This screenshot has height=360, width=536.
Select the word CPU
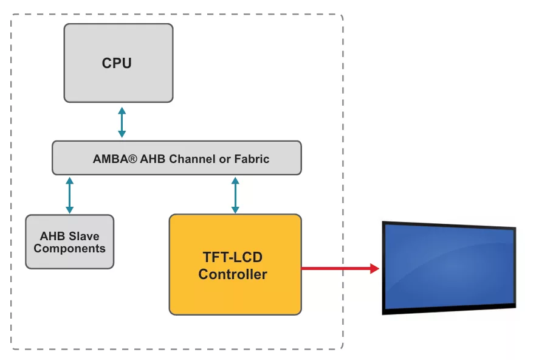[x=117, y=63]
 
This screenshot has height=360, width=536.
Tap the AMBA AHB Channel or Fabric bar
[x=176, y=158]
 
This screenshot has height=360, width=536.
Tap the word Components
[x=69, y=248]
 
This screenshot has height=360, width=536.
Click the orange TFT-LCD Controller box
[x=235, y=292]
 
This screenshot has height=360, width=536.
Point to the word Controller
[x=233, y=274]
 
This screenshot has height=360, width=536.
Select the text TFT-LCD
[x=233, y=257]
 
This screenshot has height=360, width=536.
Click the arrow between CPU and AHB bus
[x=122, y=122]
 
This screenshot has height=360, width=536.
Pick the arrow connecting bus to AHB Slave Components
[x=69, y=195]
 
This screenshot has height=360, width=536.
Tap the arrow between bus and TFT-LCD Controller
[x=235, y=195]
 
